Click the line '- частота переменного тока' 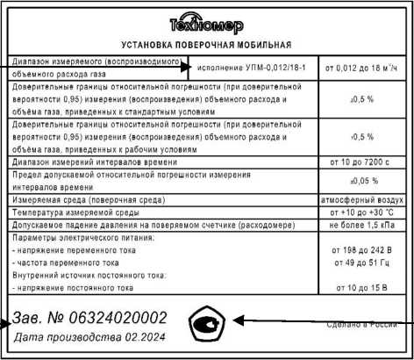pos(61,262)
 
